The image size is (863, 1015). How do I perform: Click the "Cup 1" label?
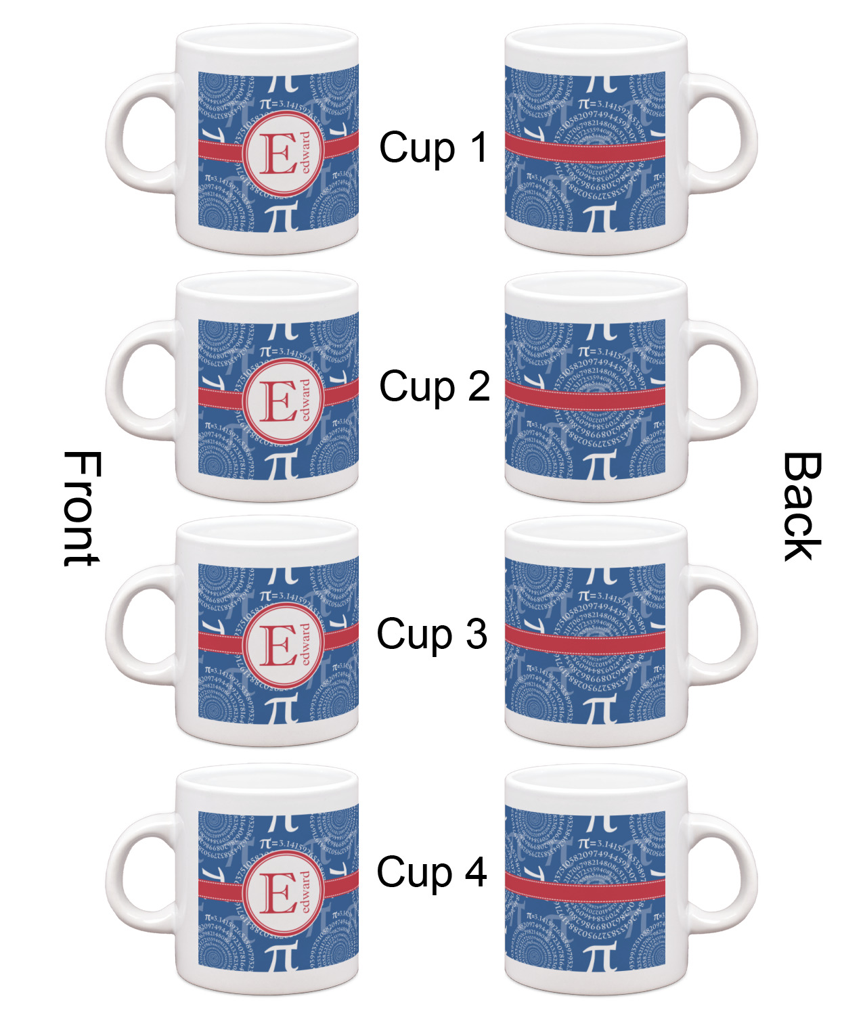pyautogui.click(x=433, y=148)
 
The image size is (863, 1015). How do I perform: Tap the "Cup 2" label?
pyautogui.click(x=434, y=386)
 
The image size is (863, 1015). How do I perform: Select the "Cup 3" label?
pyautogui.click(x=432, y=634)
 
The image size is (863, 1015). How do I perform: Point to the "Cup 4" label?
pyautogui.click(x=432, y=872)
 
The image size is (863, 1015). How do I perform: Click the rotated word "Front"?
pyautogui.click(x=82, y=507)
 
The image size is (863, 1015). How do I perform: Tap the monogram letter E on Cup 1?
pyautogui.click(x=278, y=155)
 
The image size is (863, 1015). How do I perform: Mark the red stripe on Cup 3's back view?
pyautogui.click(x=585, y=640)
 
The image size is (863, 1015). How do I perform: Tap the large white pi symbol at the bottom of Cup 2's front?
pyautogui.click(x=279, y=464)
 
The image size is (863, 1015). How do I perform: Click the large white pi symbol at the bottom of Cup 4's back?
pyautogui.click(x=598, y=955)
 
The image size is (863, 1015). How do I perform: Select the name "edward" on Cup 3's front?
pyautogui.click(x=306, y=644)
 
